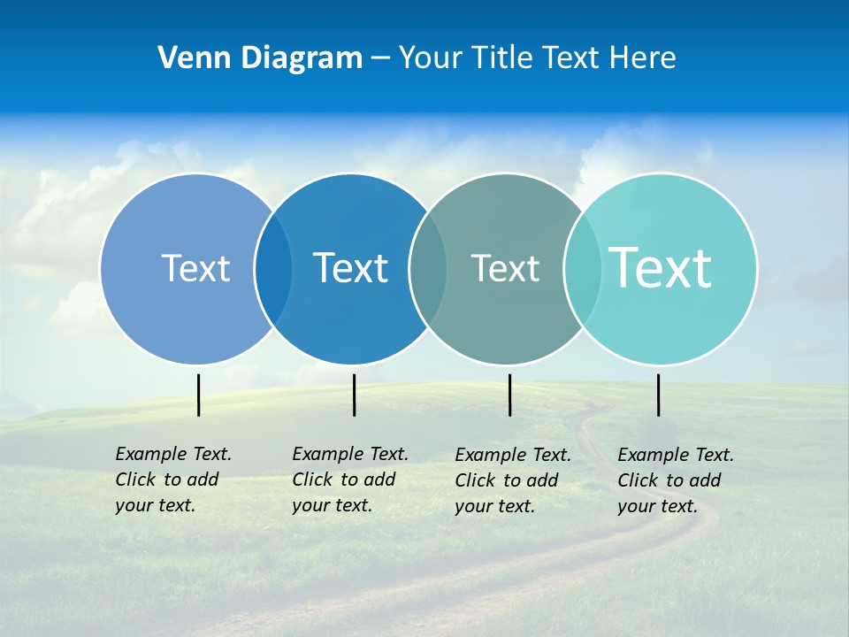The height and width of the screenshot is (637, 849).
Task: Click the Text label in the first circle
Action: [x=195, y=268]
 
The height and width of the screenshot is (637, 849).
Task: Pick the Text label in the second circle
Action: [x=350, y=268]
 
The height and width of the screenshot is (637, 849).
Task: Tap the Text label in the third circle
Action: [x=505, y=268]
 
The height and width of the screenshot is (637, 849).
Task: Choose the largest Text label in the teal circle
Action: [x=661, y=267]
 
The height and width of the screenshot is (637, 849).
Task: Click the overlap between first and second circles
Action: [x=273, y=268]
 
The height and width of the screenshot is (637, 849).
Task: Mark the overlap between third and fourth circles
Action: [x=583, y=268]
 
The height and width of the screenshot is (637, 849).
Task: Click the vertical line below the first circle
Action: [x=199, y=395]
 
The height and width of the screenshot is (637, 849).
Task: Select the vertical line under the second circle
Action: [x=354, y=395]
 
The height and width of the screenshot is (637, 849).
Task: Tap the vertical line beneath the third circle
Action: [x=509, y=395]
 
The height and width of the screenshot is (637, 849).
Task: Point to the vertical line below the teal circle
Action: [x=659, y=395]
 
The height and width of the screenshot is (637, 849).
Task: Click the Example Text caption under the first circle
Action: [x=172, y=480]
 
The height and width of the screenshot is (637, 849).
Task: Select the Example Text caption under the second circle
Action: [x=349, y=480]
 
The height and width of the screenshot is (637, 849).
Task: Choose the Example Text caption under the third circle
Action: [x=512, y=480]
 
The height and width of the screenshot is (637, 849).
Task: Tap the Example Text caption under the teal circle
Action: [x=675, y=480]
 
